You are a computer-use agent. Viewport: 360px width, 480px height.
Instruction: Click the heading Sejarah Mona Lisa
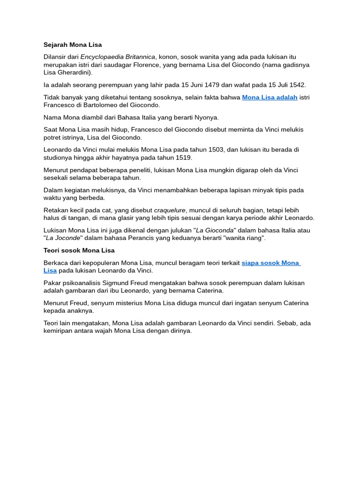click(73, 45)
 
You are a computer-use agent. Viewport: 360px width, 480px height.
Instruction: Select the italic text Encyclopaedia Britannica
click(117, 57)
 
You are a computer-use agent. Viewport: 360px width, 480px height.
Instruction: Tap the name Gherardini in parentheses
click(74, 73)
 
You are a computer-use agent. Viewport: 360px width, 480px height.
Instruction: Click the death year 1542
click(297, 85)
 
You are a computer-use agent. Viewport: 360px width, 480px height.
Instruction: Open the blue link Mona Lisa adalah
click(270, 97)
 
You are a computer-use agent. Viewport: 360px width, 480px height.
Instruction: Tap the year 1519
click(184, 158)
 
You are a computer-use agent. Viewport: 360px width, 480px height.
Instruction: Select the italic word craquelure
click(170, 210)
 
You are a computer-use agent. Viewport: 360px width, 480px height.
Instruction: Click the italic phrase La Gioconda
click(215, 231)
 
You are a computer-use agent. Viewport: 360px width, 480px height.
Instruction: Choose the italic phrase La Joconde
click(63, 238)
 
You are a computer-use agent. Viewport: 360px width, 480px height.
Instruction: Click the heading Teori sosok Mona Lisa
click(79, 251)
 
